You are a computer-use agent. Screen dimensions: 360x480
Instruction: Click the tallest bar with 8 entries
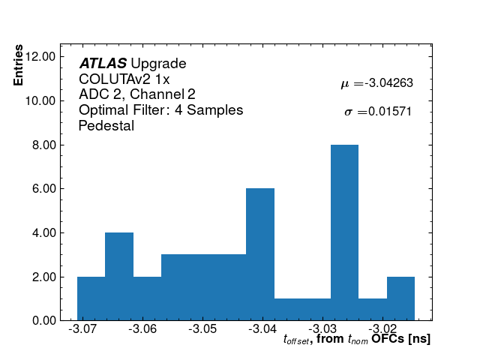tap(344, 232)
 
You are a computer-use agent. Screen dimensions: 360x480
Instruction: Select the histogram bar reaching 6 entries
tap(260, 254)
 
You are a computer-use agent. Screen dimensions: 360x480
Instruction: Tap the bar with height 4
tap(119, 276)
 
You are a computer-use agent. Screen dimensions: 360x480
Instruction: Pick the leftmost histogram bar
tap(91, 298)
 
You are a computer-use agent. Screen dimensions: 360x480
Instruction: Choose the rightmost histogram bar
tap(400, 298)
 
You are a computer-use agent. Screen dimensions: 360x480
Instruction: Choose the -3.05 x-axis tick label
tap(202, 329)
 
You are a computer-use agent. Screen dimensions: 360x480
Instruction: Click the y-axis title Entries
tap(19, 66)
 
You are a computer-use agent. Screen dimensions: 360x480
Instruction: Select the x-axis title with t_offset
tap(357, 340)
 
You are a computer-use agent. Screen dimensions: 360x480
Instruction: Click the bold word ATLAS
tap(103, 64)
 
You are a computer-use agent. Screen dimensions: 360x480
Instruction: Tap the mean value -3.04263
tap(388, 84)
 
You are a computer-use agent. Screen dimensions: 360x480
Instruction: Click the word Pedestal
tap(106, 126)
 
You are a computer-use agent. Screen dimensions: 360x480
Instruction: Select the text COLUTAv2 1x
tap(124, 79)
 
